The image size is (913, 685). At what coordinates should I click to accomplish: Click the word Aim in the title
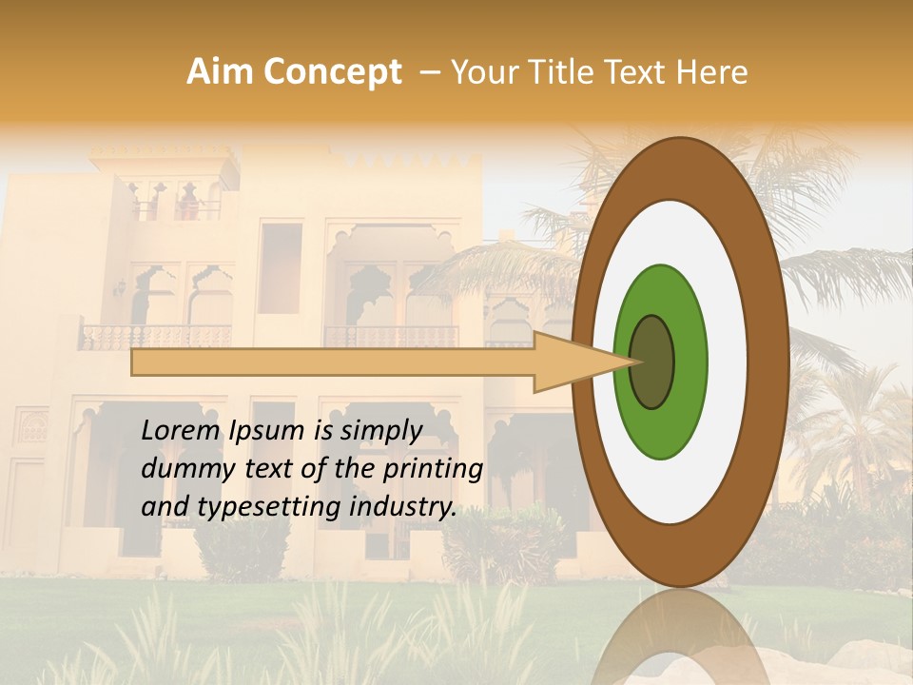tap(221, 72)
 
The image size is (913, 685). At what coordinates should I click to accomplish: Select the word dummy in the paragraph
tap(182, 469)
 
